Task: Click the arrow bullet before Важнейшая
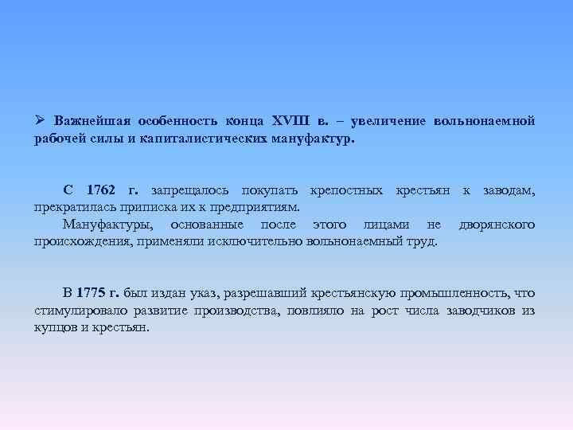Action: [x=41, y=121]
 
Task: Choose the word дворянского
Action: [x=497, y=225]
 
